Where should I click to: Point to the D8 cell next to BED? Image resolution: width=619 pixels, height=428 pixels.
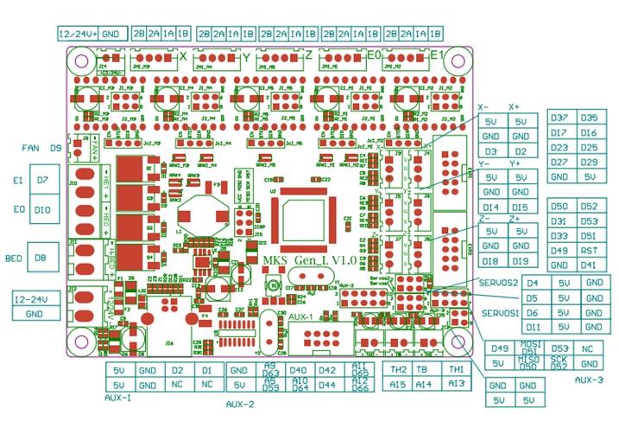pyautogui.click(x=41, y=257)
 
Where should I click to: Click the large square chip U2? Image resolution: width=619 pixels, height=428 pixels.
pyautogui.click(x=300, y=219)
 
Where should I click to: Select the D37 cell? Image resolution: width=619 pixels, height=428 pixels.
pyautogui.click(x=559, y=118)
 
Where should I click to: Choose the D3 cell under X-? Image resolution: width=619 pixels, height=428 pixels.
pyautogui.click(x=491, y=150)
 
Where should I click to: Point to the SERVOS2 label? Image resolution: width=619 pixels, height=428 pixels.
pyautogui.click(x=499, y=283)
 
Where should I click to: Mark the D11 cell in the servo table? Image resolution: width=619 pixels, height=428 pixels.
pyautogui.click(x=534, y=327)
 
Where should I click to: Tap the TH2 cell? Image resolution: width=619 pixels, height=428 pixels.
pyautogui.click(x=398, y=369)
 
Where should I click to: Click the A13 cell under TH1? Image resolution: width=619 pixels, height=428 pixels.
pyautogui.click(x=457, y=383)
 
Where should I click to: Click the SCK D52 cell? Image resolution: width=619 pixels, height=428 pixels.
pyautogui.click(x=559, y=362)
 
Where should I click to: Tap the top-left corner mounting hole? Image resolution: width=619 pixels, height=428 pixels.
pyautogui.click(x=82, y=61)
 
